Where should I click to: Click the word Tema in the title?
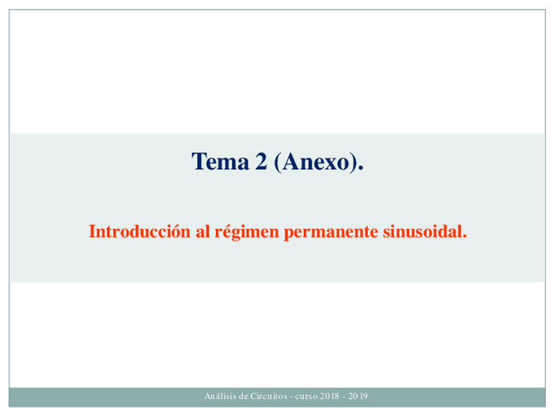click(x=220, y=162)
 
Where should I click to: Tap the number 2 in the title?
click(x=261, y=162)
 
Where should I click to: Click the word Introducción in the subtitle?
click(x=139, y=232)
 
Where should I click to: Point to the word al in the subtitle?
click(x=203, y=232)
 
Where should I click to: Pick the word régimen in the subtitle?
click(x=247, y=232)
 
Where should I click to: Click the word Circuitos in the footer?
click(x=268, y=396)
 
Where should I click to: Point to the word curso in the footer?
click(x=306, y=396)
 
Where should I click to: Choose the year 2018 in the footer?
click(x=330, y=396)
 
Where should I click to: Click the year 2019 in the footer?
click(x=358, y=396)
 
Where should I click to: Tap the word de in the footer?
click(x=243, y=396)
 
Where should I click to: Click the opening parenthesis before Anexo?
click(x=277, y=162)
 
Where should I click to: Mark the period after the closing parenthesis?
click(x=361, y=168)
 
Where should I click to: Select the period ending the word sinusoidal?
click(x=465, y=237)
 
